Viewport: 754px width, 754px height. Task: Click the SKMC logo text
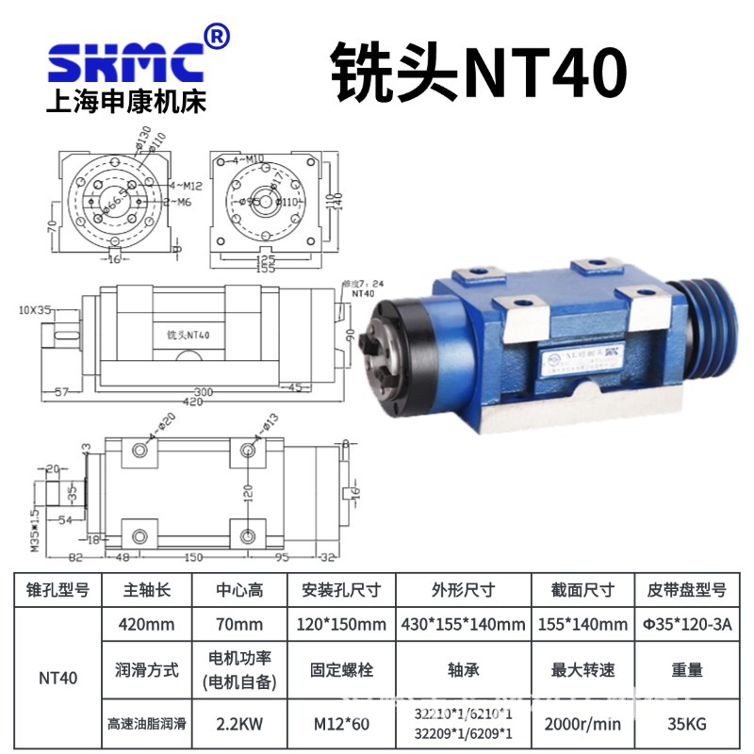124,62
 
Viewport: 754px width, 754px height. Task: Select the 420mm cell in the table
146,624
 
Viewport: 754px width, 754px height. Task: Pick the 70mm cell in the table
238,624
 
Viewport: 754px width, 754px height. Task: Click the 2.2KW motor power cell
238,726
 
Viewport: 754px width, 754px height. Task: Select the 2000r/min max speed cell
582,726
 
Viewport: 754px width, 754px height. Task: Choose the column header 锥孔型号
57,590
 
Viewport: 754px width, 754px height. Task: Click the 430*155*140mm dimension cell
461,624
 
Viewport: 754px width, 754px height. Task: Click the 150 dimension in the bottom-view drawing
193,557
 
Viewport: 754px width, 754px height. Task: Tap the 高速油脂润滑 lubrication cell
146,726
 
